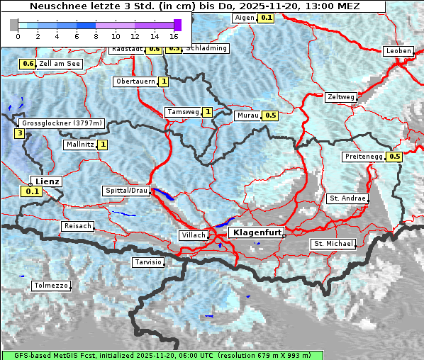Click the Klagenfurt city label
point(258,232)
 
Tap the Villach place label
point(193,235)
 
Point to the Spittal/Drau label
point(126,191)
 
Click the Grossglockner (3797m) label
point(62,123)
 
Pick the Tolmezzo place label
point(51,286)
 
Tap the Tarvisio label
point(148,262)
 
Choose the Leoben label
point(398,51)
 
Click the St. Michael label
point(333,244)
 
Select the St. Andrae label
point(347,198)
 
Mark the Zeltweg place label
point(341,97)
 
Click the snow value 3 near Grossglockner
point(19,133)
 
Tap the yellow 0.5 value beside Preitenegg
point(394,157)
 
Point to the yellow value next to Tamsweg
point(207,112)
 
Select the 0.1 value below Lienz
point(32,191)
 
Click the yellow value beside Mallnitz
point(103,145)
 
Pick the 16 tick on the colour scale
point(174,35)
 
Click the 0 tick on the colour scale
point(18,35)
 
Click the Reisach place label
point(78,226)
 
